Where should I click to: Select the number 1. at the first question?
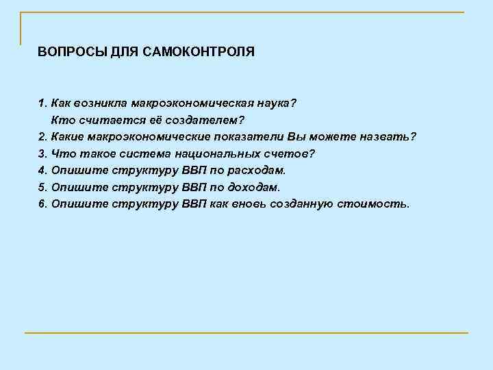[42, 103]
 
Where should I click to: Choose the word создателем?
[200, 120]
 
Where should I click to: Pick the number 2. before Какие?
[42, 136]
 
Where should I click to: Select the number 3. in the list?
[42, 153]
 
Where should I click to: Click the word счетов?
[291, 153]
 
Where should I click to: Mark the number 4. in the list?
[42, 170]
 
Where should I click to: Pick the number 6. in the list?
[42, 203]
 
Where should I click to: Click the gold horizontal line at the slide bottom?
[246, 333]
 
